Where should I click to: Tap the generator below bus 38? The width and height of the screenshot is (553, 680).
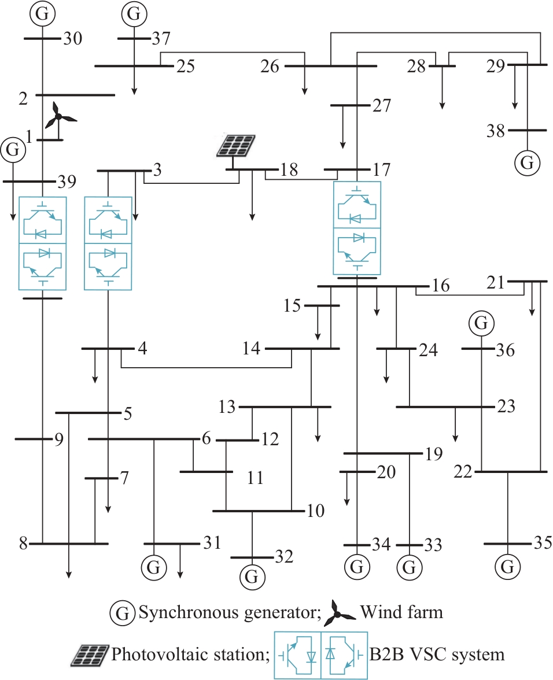coord(528,163)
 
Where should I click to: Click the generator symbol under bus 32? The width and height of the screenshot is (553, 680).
coord(252,577)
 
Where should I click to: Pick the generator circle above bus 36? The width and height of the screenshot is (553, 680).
coord(481,323)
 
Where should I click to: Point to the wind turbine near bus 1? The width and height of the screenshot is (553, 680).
coord(59,116)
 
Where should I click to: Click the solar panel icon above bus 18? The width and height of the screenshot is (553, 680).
coord(236,146)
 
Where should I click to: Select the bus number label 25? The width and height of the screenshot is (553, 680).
coord(186,66)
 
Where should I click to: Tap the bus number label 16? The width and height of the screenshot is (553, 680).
coord(441,286)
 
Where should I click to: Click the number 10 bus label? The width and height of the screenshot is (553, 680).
coord(316,511)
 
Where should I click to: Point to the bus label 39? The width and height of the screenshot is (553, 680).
coord(67,182)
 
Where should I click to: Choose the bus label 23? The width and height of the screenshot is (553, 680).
coord(506,406)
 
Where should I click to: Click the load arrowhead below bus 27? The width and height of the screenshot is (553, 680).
coord(343,145)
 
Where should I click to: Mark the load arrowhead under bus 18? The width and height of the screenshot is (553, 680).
coord(252,217)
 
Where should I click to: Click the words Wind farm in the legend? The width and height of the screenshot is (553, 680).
coord(401,612)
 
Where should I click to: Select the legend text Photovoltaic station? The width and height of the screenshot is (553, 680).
coord(191,654)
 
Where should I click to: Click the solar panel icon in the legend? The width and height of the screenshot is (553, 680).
coord(90,655)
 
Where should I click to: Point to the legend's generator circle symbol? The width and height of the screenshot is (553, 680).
coord(123,613)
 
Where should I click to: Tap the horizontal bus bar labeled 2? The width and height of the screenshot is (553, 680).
coord(75,95)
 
